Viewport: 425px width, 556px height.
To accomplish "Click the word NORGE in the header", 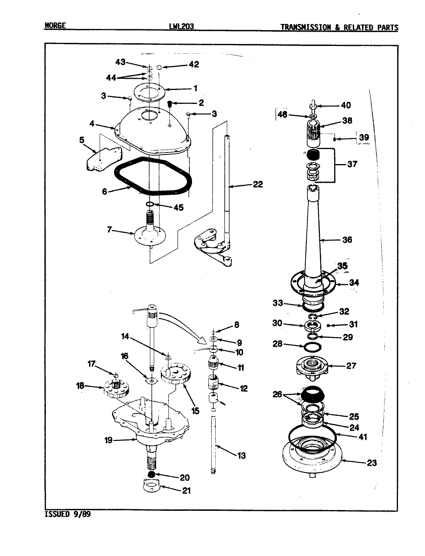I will coord(55,26).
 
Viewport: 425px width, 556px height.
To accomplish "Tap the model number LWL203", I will coord(181,27).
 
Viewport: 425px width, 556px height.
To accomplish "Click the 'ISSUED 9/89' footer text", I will coord(69,514).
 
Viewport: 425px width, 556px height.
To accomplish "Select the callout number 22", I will coord(257,185).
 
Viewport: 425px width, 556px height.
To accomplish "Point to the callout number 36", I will coord(347,240).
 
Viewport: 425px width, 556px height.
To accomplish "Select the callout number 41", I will coord(362,437).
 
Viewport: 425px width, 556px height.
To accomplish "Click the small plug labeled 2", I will coord(170,104).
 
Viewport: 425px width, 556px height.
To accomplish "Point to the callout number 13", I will coord(241,456).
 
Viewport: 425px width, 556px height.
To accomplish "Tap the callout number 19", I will coord(109,440).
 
